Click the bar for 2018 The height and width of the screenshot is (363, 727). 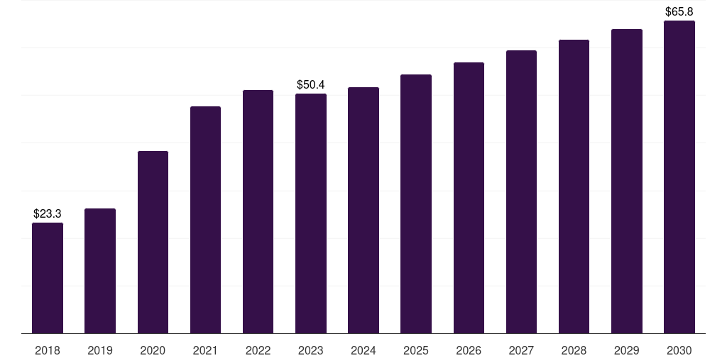tap(48, 278)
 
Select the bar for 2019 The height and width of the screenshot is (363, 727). tap(100, 271)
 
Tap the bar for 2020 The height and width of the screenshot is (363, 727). tap(153, 242)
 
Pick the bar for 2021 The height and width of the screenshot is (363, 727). tap(205, 220)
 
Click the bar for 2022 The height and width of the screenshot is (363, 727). tap(258, 211)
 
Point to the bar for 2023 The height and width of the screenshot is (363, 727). tap(311, 213)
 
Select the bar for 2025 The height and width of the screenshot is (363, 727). tap(416, 203)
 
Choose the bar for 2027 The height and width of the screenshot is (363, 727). tap(521, 191)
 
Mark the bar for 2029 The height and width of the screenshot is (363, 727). tap(627, 181)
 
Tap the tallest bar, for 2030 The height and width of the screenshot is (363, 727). tap(679, 177)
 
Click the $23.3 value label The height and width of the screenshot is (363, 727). tap(48, 213)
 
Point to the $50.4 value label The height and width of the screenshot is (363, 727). tap(311, 85)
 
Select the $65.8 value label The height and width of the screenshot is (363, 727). tap(679, 11)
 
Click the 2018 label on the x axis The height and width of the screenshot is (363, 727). tap(48, 350)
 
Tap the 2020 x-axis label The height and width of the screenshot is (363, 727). tap(153, 350)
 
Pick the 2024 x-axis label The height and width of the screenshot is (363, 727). tap(363, 350)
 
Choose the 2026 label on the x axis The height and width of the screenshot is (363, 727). tap(469, 350)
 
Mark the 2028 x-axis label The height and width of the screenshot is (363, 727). tap(574, 350)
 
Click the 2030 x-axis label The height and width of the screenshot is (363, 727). tap(679, 350)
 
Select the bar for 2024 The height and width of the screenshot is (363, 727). tap(363, 210)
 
